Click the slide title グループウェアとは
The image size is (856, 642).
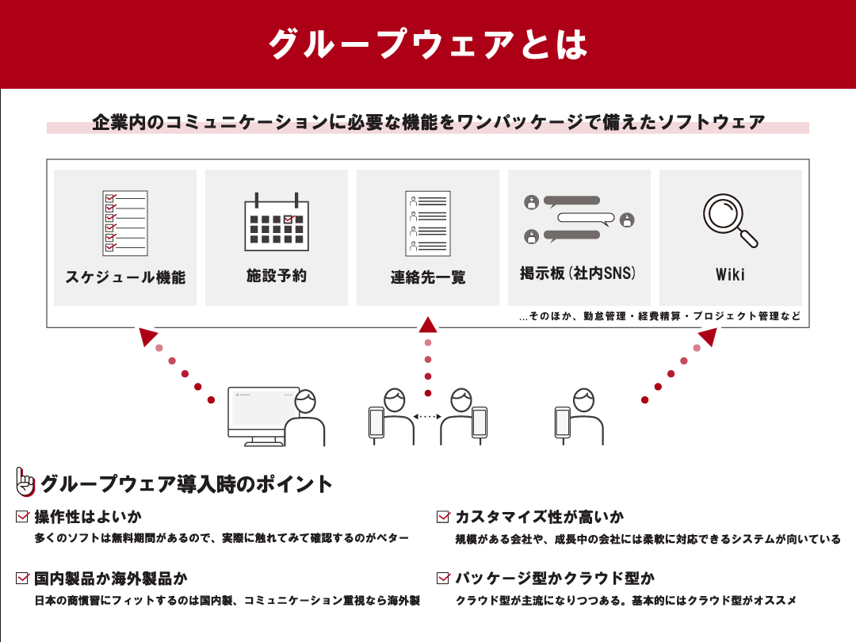[x=428, y=44]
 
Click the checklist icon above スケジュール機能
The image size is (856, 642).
[x=125, y=223]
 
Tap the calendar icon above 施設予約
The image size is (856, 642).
[x=275, y=220]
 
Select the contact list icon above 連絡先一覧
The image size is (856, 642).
[x=428, y=223]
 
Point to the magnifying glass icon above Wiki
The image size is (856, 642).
[x=730, y=220]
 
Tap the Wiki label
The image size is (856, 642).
[x=730, y=275]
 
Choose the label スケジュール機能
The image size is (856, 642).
[x=125, y=277]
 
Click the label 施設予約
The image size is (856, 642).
[x=276, y=276]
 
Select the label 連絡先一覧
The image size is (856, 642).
[x=428, y=277]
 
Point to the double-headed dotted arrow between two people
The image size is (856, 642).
[x=427, y=416]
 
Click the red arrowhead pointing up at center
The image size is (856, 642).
[x=428, y=324]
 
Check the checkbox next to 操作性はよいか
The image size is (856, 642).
[x=22, y=517]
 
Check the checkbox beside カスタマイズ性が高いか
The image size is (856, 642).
[x=443, y=517]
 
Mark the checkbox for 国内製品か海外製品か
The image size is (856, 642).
[x=22, y=578]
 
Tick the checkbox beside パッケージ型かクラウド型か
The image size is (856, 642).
[x=443, y=578]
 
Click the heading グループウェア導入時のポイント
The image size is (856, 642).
[x=186, y=483]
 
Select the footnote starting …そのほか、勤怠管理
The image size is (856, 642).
[x=659, y=316]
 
